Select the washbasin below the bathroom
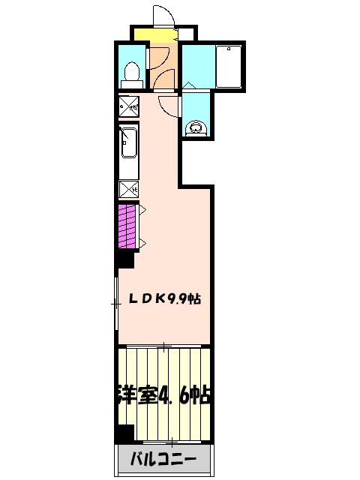click(196, 127)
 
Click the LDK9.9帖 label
click(163, 298)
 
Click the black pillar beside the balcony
click(124, 433)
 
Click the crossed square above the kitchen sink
click(128, 107)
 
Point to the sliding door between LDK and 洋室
click(164, 346)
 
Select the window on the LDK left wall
click(115, 303)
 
